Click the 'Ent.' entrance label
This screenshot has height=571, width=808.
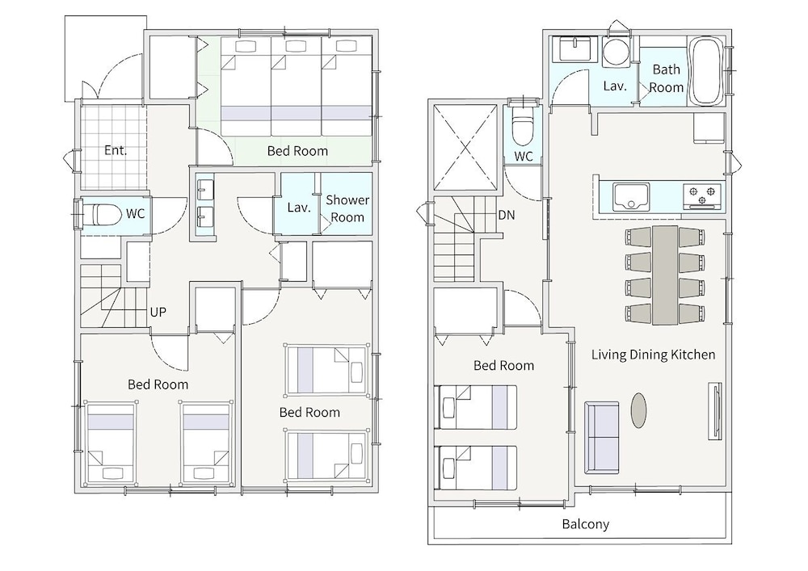(116, 150)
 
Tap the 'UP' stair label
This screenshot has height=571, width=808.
(158, 312)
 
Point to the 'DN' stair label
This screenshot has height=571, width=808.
(507, 215)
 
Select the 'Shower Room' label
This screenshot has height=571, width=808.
(347, 208)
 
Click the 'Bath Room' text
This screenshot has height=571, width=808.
(667, 78)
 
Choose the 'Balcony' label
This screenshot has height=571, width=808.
(585, 524)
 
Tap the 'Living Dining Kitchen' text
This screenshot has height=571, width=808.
(653, 355)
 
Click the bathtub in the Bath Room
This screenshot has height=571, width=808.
(705, 70)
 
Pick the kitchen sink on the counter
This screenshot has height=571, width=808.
(631, 196)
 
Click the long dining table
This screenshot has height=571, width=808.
(665, 275)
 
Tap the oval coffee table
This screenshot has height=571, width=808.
(638, 410)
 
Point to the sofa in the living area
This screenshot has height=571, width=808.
(601, 438)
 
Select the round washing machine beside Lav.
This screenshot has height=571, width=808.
(615, 53)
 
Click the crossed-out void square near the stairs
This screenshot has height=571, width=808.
(466, 148)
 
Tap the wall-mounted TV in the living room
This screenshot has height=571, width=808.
(715, 411)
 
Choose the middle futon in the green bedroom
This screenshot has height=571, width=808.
(296, 86)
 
